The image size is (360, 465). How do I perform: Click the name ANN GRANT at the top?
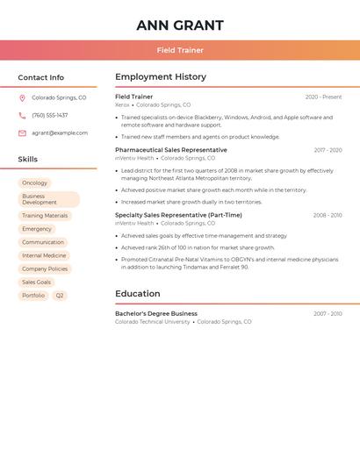tap(180, 25)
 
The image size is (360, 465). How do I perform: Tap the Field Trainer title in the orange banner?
tap(180, 50)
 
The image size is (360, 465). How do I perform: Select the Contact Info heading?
tap(41, 77)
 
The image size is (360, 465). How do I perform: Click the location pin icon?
tap(22, 97)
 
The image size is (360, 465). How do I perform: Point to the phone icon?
tap(22, 115)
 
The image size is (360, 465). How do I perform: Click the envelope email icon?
tap(22, 132)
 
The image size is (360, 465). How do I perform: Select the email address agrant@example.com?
tap(60, 132)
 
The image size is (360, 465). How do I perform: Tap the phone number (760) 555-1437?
tap(49, 115)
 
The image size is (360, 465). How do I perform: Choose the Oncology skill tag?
tap(35, 183)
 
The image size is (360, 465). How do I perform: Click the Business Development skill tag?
tap(48, 199)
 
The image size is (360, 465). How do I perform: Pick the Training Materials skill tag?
tap(45, 216)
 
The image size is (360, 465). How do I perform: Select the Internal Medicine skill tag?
tap(44, 255)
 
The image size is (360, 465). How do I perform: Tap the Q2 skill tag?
tap(60, 296)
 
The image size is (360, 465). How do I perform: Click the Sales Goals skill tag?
tap(37, 283)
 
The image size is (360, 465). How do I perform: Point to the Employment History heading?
tap(161, 77)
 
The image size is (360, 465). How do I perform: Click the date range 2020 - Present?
tap(323, 97)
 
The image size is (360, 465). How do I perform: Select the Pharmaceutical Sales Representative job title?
tap(170, 150)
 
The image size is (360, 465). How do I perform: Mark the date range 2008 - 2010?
tap(328, 215)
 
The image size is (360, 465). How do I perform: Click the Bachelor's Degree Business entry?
tap(156, 313)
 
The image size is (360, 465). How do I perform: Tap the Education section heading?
tap(138, 294)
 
